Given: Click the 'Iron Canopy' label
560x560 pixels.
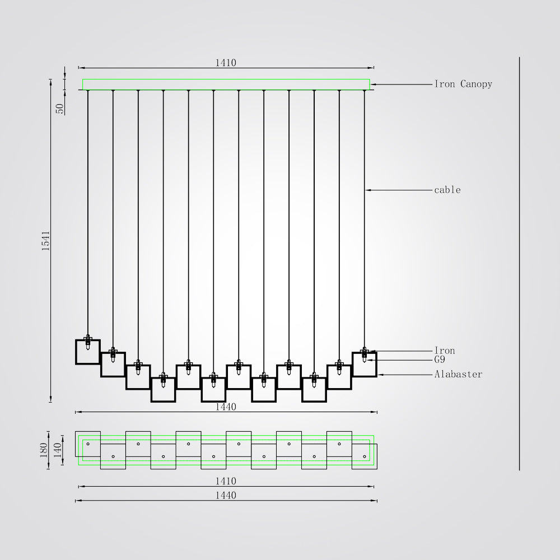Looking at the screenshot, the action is pos(463,85).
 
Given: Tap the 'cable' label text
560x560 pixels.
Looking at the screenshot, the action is pos(447,190).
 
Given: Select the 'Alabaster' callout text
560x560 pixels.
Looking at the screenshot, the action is pos(458,374).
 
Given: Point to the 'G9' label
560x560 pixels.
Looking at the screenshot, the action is pos(440,360).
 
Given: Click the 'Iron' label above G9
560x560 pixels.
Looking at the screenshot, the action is pos(445,351).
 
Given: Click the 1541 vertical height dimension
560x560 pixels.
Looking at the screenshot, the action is pos(46,241).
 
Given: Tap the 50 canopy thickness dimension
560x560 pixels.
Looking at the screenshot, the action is pos(60,109).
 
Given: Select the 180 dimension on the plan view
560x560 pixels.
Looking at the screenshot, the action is pos(44,450).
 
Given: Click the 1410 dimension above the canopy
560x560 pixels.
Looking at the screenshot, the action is pos(226,63).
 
